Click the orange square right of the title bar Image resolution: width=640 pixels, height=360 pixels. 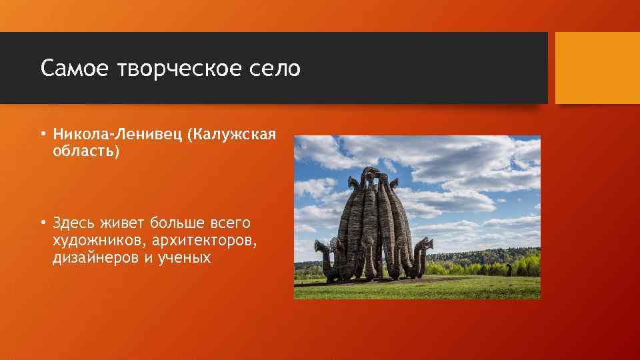coord(597,67)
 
